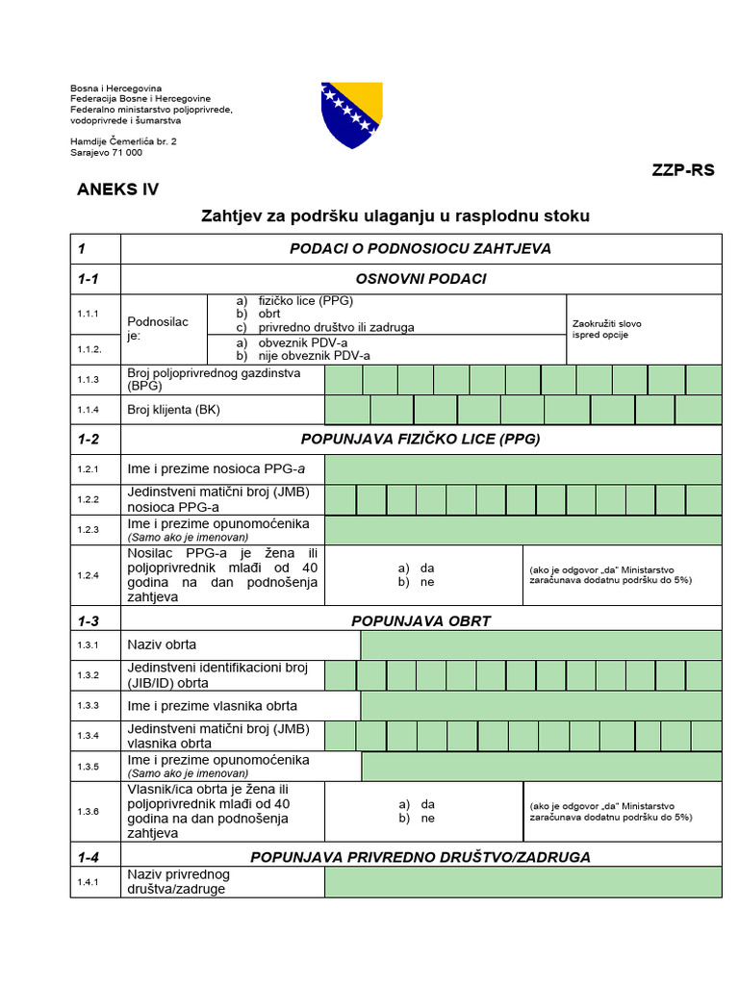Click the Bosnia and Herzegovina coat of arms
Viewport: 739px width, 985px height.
[353, 114]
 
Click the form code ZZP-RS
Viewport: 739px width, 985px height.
[683, 170]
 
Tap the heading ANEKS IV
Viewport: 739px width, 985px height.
[117, 189]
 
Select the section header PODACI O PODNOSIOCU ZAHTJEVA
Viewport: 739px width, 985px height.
[420, 248]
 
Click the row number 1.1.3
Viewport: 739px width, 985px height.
[89, 380]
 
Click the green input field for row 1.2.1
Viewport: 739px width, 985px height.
[522, 469]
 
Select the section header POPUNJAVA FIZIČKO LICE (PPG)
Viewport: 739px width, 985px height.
[420, 440]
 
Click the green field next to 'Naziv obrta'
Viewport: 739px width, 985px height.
[540, 644]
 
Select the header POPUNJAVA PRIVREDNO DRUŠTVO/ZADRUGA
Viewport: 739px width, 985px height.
[420, 856]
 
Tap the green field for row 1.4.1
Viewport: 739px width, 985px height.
[522, 882]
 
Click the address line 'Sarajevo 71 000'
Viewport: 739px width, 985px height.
[106, 152]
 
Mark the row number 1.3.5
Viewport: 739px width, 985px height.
[89, 767]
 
